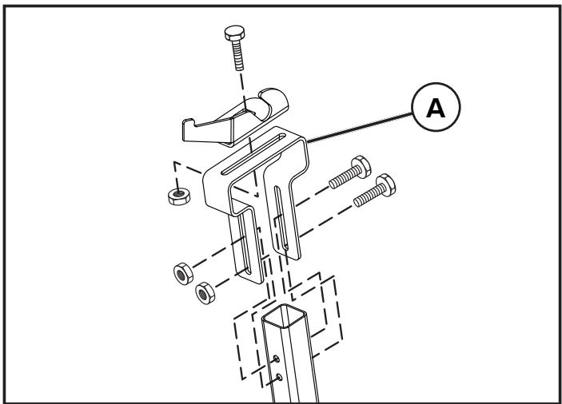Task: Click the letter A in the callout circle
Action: (x=436, y=108)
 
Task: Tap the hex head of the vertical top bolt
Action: (x=235, y=33)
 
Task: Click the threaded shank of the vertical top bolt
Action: (x=238, y=55)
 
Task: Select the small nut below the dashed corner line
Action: (x=179, y=196)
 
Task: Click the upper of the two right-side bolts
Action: (x=350, y=172)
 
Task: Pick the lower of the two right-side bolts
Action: (x=375, y=190)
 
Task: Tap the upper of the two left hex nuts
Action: (x=183, y=274)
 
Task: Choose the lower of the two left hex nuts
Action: (x=205, y=293)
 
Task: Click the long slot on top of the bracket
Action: (x=253, y=154)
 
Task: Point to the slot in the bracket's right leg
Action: (x=281, y=217)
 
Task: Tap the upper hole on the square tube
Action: (x=277, y=358)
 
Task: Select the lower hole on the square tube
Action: (x=279, y=377)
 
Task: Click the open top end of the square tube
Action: (x=284, y=315)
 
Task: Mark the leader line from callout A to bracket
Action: (x=360, y=128)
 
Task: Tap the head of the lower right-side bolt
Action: (x=386, y=185)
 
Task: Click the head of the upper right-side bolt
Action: (x=361, y=167)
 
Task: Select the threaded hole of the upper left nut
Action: (x=181, y=275)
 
